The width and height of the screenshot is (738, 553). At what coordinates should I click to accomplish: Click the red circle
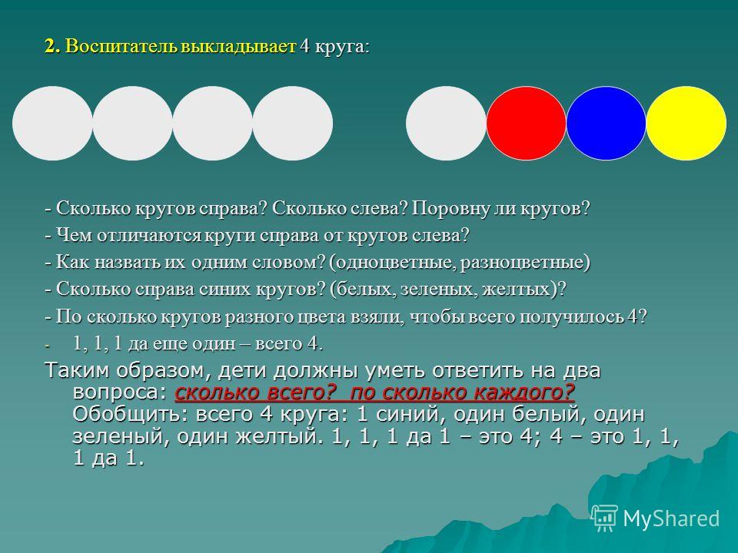[x=526, y=123]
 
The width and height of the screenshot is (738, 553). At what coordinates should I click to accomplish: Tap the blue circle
[x=606, y=123]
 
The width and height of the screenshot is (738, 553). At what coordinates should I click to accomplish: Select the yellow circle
[x=686, y=123]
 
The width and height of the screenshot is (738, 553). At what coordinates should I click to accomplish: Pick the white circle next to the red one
[x=446, y=123]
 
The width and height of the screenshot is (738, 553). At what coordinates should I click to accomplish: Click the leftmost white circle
[x=52, y=123]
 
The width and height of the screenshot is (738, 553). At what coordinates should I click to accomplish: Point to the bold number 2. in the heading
[x=53, y=47]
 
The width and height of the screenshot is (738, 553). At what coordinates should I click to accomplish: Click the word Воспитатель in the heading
[x=120, y=47]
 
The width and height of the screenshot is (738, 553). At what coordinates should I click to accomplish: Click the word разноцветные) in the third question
[x=525, y=262]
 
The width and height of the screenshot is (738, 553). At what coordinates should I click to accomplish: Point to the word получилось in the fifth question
[x=572, y=317]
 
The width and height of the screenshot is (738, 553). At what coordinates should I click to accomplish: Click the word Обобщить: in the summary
[x=126, y=414]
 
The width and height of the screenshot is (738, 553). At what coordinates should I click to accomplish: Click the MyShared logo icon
[x=605, y=518]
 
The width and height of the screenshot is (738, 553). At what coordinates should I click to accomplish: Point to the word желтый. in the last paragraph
[x=281, y=437]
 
